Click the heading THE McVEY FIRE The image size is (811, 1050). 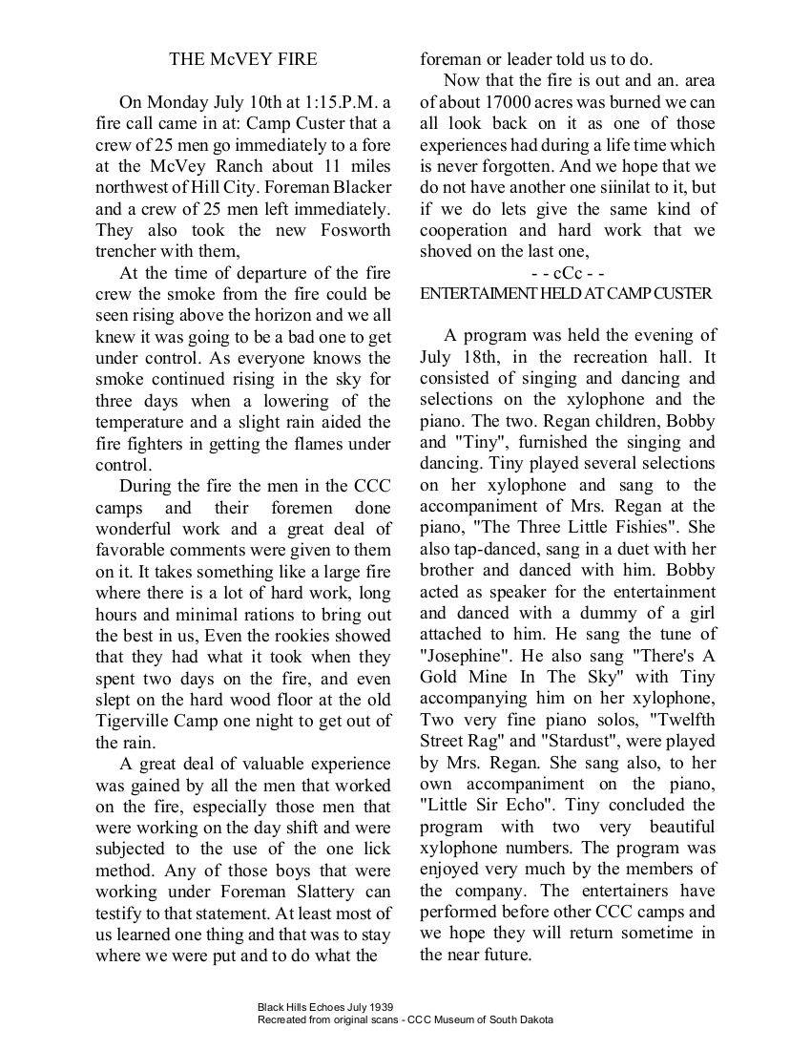(243, 59)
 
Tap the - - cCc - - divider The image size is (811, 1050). (568, 273)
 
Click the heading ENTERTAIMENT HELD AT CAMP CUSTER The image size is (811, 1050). (566, 294)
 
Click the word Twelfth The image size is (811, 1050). (679, 721)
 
